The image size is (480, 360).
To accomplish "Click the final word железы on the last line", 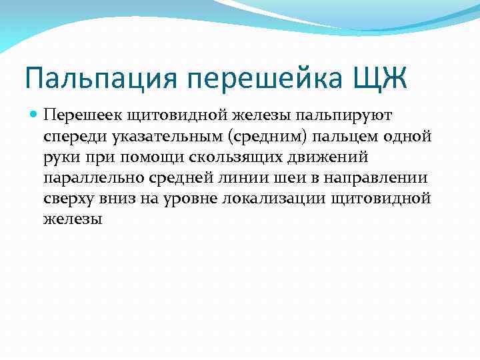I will (x=73, y=220).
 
